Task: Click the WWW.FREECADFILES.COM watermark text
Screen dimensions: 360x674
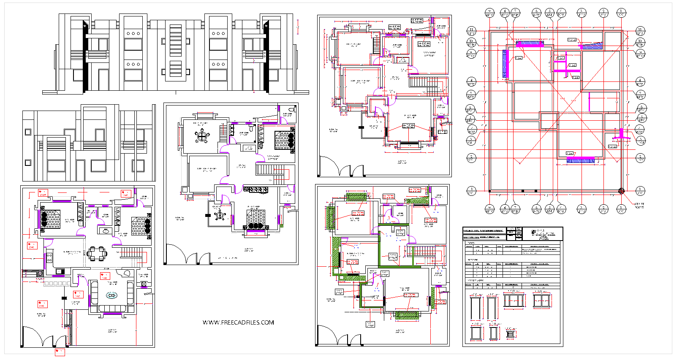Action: pyautogui.click(x=238, y=322)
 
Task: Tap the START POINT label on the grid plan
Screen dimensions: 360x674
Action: pyautogui.click(x=639, y=206)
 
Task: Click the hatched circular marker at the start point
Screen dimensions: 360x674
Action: pyautogui.click(x=621, y=191)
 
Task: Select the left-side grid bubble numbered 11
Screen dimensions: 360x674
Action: pyautogui.click(x=471, y=30)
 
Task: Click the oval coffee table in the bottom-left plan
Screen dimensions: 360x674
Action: pyautogui.click(x=112, y=295)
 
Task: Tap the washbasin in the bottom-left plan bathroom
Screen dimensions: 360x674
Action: pyautogui.click(x=105, y=230)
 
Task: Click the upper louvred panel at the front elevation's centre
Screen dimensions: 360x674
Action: pyautogui.click(x=175, y=40)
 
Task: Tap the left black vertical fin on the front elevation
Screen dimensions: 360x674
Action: pyautogui.click(x=86, y=55)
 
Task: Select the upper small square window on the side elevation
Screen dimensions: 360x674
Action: pyautogui.click(x=28, y=132)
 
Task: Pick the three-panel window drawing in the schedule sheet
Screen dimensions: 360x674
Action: pyautogui.click(x=514, y=301)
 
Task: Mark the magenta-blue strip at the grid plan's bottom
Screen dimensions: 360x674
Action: pyautogui.click(x=580, y=160)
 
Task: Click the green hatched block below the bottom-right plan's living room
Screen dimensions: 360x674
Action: pyautogui.click(x=406, y=314)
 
